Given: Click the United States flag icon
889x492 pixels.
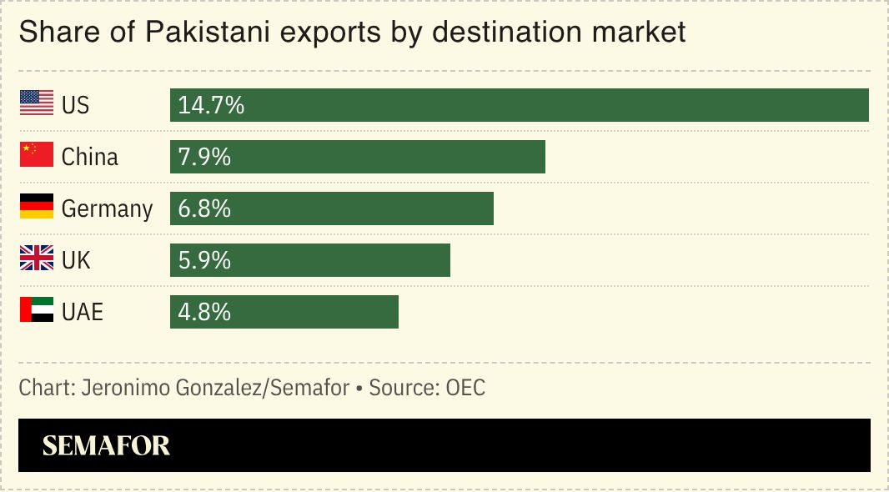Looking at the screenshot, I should pos(36,103).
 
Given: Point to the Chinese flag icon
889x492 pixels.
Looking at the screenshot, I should pos(36,155).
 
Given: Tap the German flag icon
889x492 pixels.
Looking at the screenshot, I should pos(36,207).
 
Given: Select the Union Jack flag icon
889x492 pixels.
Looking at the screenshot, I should pos(36,259).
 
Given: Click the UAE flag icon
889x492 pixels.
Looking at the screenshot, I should pos(36,310).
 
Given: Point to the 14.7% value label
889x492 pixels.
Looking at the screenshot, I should pos(211,105).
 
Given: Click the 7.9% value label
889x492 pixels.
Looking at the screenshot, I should pos(204,157).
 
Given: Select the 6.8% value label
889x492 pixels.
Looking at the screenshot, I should pos(204,208).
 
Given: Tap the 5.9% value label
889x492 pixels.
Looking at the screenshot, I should pos(204,260).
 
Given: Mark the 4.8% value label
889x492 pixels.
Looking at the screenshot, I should pos(204,312).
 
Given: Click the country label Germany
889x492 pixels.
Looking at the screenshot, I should pos(107,208).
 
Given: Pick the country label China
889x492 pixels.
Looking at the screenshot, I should pos(90,157).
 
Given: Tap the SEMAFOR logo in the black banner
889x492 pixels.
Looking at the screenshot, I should pos(106,445).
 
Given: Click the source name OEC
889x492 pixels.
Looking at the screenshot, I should pos(465,388).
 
